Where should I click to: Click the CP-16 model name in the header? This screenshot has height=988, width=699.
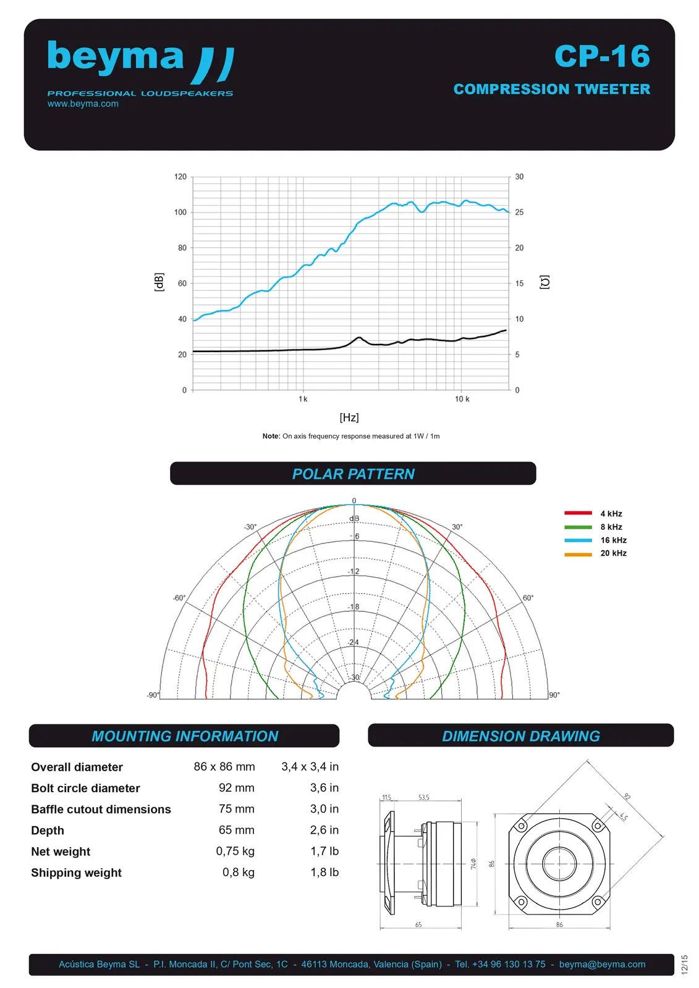[x=602, y=56]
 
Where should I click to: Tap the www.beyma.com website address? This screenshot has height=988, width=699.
[x=83, y=104]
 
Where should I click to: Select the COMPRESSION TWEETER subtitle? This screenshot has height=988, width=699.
[x=551, y=90]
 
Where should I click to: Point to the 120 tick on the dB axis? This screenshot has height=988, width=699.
[x=180, y=177]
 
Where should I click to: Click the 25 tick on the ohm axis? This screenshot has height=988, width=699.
[x=519, y=212]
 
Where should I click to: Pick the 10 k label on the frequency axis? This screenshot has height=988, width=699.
[x=462, y=399]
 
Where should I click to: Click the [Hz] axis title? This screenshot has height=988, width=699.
[x=349, y=417]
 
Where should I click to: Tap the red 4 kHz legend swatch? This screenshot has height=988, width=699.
[x=578, y=513]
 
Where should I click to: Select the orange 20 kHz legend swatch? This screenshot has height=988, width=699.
[x=578, y=554]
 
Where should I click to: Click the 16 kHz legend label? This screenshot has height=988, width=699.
[x=613, y=540]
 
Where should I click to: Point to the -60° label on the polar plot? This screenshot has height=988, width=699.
[x=179, y=598]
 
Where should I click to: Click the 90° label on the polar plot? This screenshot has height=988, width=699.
[x=554, y=695]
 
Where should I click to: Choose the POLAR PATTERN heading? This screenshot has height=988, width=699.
[x=353, y=474]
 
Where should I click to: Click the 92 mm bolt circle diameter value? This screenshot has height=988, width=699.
[x=236, y=788]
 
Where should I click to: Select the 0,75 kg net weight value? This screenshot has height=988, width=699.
[x=235, y=851]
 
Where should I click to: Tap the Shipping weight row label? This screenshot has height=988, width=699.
[x=76, y=873]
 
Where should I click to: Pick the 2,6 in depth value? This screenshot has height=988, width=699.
[x=324, y=830]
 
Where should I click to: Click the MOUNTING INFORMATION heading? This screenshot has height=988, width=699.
[x=185, y=736]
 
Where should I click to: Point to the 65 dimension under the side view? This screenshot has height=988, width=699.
[x=418, y=924]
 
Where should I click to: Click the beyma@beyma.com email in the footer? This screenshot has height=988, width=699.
[x=602, y=964]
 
